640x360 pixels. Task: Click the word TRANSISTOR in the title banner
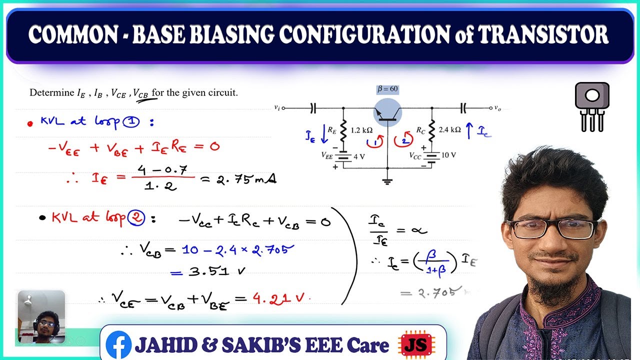[x=543, y=35]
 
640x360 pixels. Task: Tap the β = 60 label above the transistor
[x=387, y=89]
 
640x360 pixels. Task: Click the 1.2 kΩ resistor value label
[x=361, y=129]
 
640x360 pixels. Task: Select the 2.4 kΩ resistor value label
[x=449, y=129]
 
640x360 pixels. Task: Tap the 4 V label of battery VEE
[x=359, y=156]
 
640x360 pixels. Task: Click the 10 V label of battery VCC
[x=448, y=155]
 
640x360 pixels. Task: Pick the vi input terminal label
[x=277, y=107]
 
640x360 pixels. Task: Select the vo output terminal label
[x=497, y=107]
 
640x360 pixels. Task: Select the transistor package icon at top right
[x=592, y=106]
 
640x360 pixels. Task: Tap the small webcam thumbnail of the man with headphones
[x=41, y=317]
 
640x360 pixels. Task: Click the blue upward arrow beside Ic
[x=468, y=131]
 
